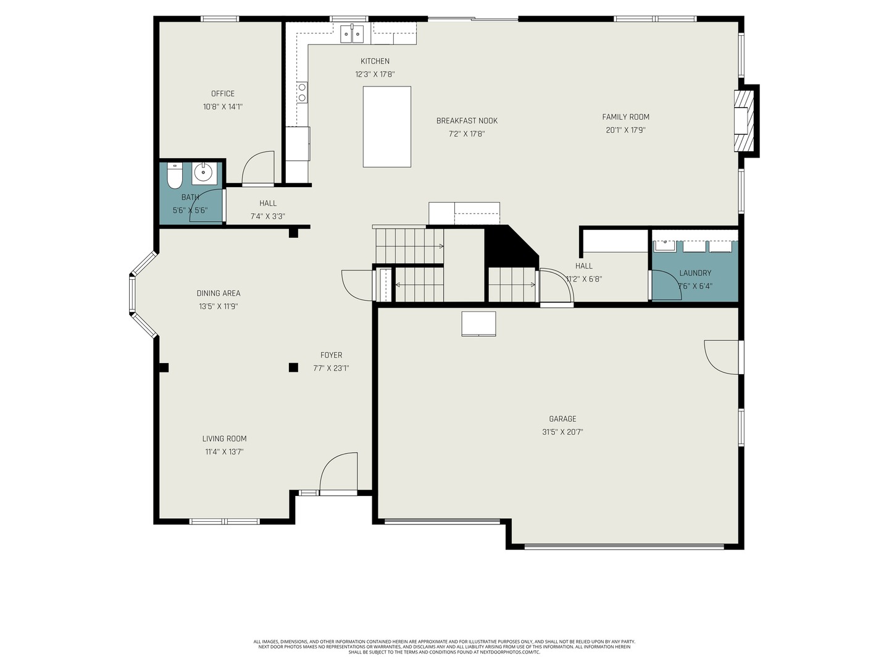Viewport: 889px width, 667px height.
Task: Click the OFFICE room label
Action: click(x=223, y=94)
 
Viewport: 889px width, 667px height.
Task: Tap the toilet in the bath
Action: click(x=175, y=177)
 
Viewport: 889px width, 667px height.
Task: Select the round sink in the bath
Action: click(x=203, y=172)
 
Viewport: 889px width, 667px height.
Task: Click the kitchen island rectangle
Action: click(x=387, y=127)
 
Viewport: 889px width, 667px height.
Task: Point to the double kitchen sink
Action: click(x=353, y=35)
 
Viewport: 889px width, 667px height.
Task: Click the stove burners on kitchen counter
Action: click(x=303, y=93)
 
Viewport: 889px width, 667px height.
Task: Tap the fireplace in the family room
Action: click(x=743, y=121)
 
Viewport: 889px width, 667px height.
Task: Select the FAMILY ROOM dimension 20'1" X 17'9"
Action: click(x=625, y=130)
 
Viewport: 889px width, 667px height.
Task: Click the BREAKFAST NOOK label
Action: click(x=467, y=121)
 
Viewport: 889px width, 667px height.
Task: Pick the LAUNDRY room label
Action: click(x=695, y=273)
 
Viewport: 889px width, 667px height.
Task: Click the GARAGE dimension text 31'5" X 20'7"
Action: click(x=562, y=432)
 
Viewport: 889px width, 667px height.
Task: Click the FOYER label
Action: click(x=331, y=355)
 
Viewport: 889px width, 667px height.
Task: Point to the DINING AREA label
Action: click(x=219, y=293)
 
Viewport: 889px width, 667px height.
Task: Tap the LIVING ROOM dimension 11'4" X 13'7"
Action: click(x=224, y=452)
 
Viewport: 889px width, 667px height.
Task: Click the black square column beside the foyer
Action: click(x=293, y=367)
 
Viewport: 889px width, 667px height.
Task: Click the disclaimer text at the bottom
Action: click(x=444, y=647)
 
